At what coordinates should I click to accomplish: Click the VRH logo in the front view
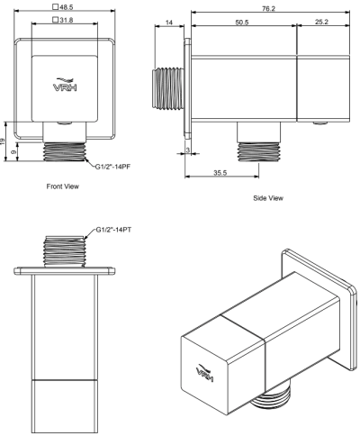pos(64,86)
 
